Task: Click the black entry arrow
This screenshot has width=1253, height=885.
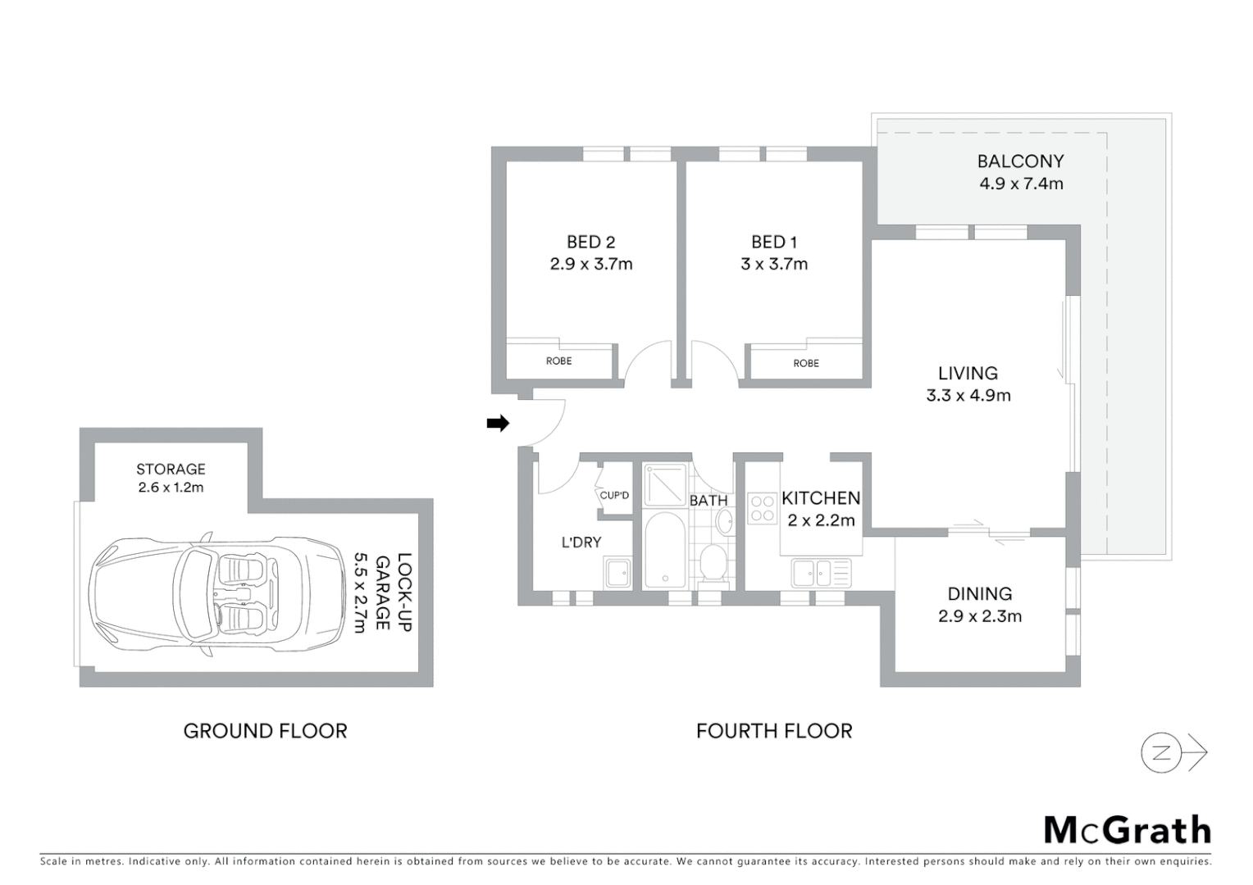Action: point(498,423)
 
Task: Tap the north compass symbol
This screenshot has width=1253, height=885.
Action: point(1161,753)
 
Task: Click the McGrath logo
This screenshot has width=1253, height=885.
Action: point(1128,830)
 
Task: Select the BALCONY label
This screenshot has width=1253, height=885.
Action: point(1020,161)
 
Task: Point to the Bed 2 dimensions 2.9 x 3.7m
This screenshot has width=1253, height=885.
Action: point(590,264)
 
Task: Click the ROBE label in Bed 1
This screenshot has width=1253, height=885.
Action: point(805,363)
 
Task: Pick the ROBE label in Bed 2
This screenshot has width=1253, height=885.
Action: point(558,361)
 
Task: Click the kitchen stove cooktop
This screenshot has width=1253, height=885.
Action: point(763,508)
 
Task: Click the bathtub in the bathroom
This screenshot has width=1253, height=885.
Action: point(663,550)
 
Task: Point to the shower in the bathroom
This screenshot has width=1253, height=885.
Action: point(663,484)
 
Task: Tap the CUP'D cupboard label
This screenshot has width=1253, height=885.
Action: point(614,495)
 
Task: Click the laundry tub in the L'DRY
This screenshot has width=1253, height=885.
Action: point(617,572)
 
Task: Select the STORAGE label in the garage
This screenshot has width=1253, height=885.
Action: point(171,469)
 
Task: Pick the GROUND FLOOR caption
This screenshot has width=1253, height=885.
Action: point(265,731)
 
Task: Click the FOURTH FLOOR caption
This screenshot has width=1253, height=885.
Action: point(774,731)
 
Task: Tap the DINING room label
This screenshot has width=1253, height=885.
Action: point(979,593)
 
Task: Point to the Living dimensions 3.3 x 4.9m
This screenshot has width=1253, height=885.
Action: point(968,395)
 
